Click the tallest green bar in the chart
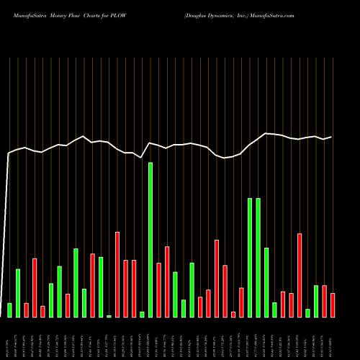point(150,239)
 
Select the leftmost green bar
point(9,310)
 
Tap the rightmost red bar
point(333,305)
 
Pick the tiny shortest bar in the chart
point(109,316)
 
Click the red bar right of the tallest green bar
point(158,289)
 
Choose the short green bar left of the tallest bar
point(142,314)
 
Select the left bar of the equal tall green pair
point(250,257)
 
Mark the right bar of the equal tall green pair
point(258,257)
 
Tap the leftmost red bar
point(26,310)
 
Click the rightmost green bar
point(316,301)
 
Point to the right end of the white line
point(331,137)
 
